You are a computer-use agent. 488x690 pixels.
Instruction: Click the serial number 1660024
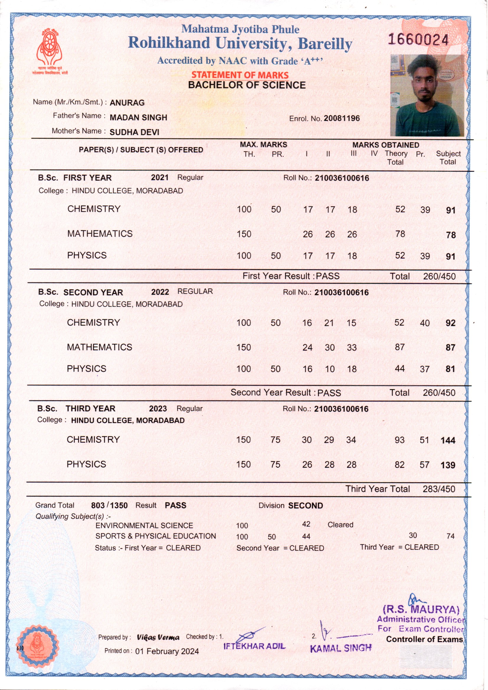(x=418, y=40)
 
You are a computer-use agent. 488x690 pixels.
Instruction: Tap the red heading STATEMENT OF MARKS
(x=240, y=75)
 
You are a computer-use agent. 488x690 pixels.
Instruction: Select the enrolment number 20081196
(x=342, y=118)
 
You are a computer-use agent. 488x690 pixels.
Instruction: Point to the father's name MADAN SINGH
(x=138, y=117)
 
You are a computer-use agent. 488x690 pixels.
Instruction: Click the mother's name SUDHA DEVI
(x=134, y=132)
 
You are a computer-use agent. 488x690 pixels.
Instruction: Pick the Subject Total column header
(x=448, y=158)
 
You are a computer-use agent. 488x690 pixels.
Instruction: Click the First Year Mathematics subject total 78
(x=451, y=235)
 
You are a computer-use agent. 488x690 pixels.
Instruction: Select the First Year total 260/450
(x=439, y=277)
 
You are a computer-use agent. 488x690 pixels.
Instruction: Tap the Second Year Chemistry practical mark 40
(x=424, y=323)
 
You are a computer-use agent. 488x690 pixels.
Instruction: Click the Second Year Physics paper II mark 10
(x=330, y=369)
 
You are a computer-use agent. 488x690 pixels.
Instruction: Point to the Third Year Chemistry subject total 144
(x=448, y=441)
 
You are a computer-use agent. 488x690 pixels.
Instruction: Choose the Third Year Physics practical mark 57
(x=424, y=465)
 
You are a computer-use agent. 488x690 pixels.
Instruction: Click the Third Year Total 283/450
(x=439, y=489)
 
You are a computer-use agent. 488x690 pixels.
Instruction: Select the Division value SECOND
(x=305, y=506)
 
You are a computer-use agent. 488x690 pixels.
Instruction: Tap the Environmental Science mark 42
(x=306, y=524)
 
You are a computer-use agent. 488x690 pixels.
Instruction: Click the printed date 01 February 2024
(x=167, y=651)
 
